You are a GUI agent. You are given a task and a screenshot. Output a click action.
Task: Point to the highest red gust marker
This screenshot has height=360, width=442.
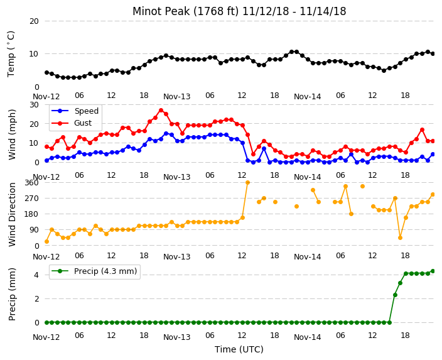(161, 111)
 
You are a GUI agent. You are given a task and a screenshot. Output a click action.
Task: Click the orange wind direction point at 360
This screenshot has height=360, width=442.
(248, 183)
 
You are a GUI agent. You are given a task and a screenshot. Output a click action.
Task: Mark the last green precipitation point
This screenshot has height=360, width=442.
(433, 271)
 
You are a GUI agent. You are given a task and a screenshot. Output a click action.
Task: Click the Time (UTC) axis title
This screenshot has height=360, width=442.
(239, 349)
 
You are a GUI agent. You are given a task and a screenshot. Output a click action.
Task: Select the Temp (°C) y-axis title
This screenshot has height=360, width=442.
(11, 54)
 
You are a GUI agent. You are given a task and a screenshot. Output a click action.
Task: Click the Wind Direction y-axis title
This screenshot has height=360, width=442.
(12, 214)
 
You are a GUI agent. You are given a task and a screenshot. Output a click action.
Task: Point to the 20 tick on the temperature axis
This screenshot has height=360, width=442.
(34, 21)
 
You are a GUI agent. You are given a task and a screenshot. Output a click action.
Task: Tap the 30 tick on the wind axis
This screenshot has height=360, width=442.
(34, 105)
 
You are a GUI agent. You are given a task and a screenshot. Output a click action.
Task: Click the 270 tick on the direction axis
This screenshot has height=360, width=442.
(31, 199)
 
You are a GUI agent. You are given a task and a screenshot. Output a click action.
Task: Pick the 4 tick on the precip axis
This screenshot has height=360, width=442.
(36, 275)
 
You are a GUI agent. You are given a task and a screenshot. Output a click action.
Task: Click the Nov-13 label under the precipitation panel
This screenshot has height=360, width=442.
(177, 337)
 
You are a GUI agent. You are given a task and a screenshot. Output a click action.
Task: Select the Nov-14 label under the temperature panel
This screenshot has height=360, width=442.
(307, 97)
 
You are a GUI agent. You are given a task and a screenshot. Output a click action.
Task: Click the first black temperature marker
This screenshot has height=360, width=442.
(47, 72)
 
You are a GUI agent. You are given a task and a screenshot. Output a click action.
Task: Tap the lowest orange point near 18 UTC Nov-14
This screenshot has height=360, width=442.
(400, 238)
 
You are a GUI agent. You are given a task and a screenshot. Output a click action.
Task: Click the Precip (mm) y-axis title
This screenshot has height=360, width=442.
(12, 294)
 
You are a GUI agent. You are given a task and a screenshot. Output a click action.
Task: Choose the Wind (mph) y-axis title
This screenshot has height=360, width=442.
(12, 134)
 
